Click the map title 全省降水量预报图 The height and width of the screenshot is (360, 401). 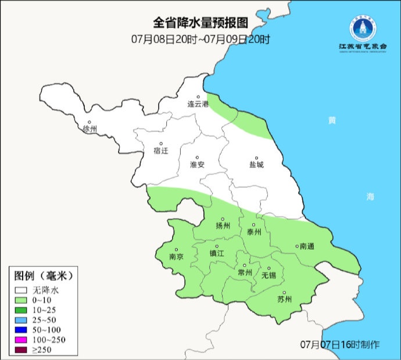click(201, 23)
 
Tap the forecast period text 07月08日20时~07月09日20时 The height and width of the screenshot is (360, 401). click(201, 40)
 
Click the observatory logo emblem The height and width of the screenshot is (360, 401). click(359, 27)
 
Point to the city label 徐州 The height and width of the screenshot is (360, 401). click(90, 129)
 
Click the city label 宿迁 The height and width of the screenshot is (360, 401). click(160, 151)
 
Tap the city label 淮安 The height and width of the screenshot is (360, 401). click(197, 165)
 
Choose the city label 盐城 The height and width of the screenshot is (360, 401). click(256, 165)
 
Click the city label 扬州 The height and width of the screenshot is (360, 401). click(223, 226)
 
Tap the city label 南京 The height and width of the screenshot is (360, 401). click(176, 256)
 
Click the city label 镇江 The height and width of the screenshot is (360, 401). click(217, 254)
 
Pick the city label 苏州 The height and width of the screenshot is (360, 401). click(285, 300)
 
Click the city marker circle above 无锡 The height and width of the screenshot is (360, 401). click(268, 268)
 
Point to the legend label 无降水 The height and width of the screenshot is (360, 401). click(46, 290)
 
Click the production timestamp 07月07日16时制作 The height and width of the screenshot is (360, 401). click(340, 344)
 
